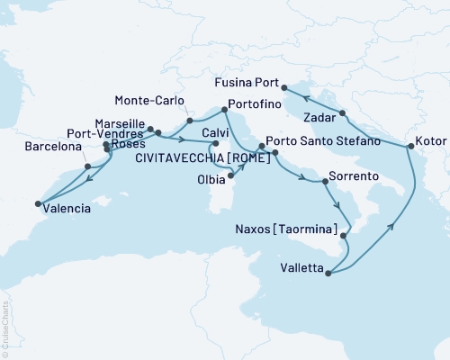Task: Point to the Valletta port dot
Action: pyautogui.click(x=328, y=273)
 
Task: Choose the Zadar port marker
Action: pyautogui.click(x=343, y=112)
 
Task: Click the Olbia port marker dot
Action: pyautogui.click(x=231, y=175)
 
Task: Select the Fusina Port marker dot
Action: pyautogui.click(x=284, y=87)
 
